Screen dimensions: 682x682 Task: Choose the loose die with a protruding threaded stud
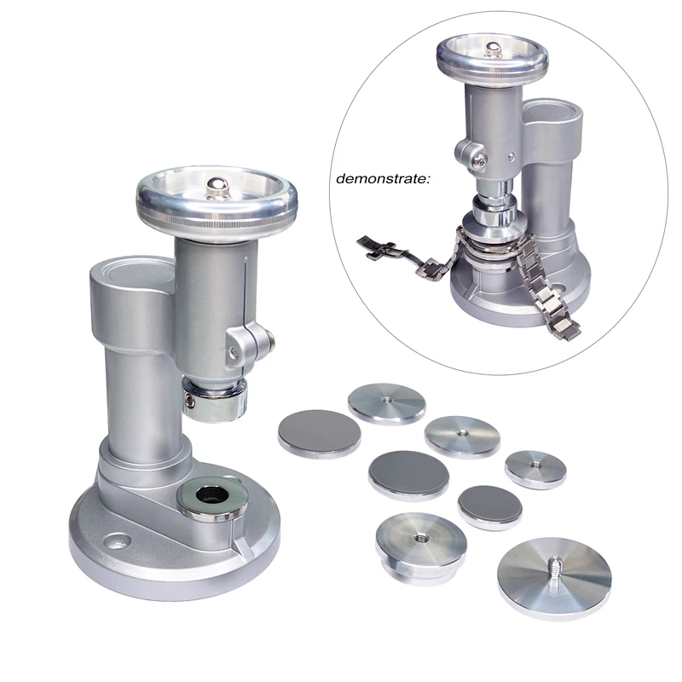pos(554,572)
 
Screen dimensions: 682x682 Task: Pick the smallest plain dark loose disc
pos(490,505)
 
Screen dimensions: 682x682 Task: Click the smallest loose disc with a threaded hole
pos(535,468)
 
